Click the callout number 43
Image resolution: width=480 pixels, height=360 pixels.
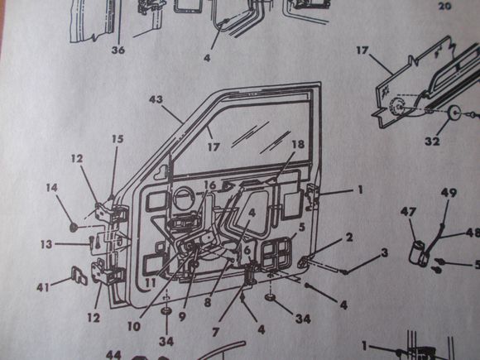pos(156,99)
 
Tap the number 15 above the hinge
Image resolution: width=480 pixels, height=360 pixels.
pos(118,139)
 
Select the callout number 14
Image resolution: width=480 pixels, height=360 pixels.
pos(52,187)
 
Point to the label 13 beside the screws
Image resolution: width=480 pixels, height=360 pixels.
pos(46,244)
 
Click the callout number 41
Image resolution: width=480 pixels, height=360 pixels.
pos(43,287)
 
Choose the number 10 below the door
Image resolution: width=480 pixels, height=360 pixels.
pos(134,327)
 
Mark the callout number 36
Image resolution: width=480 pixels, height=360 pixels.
pos(118,50)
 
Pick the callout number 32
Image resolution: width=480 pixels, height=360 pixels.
pos(432,142)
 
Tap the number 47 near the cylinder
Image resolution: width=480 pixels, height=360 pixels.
pos(408,212)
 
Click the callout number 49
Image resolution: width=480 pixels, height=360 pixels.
pos(449,193)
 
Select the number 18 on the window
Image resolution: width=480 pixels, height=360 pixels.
pos(298,144)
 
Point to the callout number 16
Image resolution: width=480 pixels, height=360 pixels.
pos(210,185)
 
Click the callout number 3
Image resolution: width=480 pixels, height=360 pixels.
pos(385,252)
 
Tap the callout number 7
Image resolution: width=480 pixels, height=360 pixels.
pos(215,333)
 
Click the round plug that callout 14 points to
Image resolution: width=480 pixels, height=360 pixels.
pos(74,227)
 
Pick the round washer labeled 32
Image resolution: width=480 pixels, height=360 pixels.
pos(454,112)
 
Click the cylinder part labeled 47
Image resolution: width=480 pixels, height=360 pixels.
pos(418,252)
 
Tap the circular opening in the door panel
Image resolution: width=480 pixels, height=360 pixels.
pos(183,199)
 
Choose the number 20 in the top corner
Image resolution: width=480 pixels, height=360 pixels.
pos(444,6)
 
